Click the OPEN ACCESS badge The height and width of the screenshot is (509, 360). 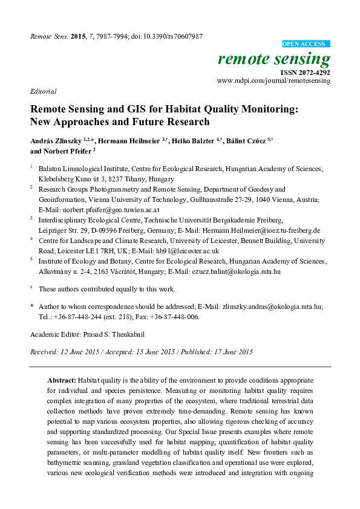(306, 44)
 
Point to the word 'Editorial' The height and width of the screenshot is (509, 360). (43, 92)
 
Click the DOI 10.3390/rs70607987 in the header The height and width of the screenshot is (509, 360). (172, 36)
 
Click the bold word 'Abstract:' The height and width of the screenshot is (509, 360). (62, 380)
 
